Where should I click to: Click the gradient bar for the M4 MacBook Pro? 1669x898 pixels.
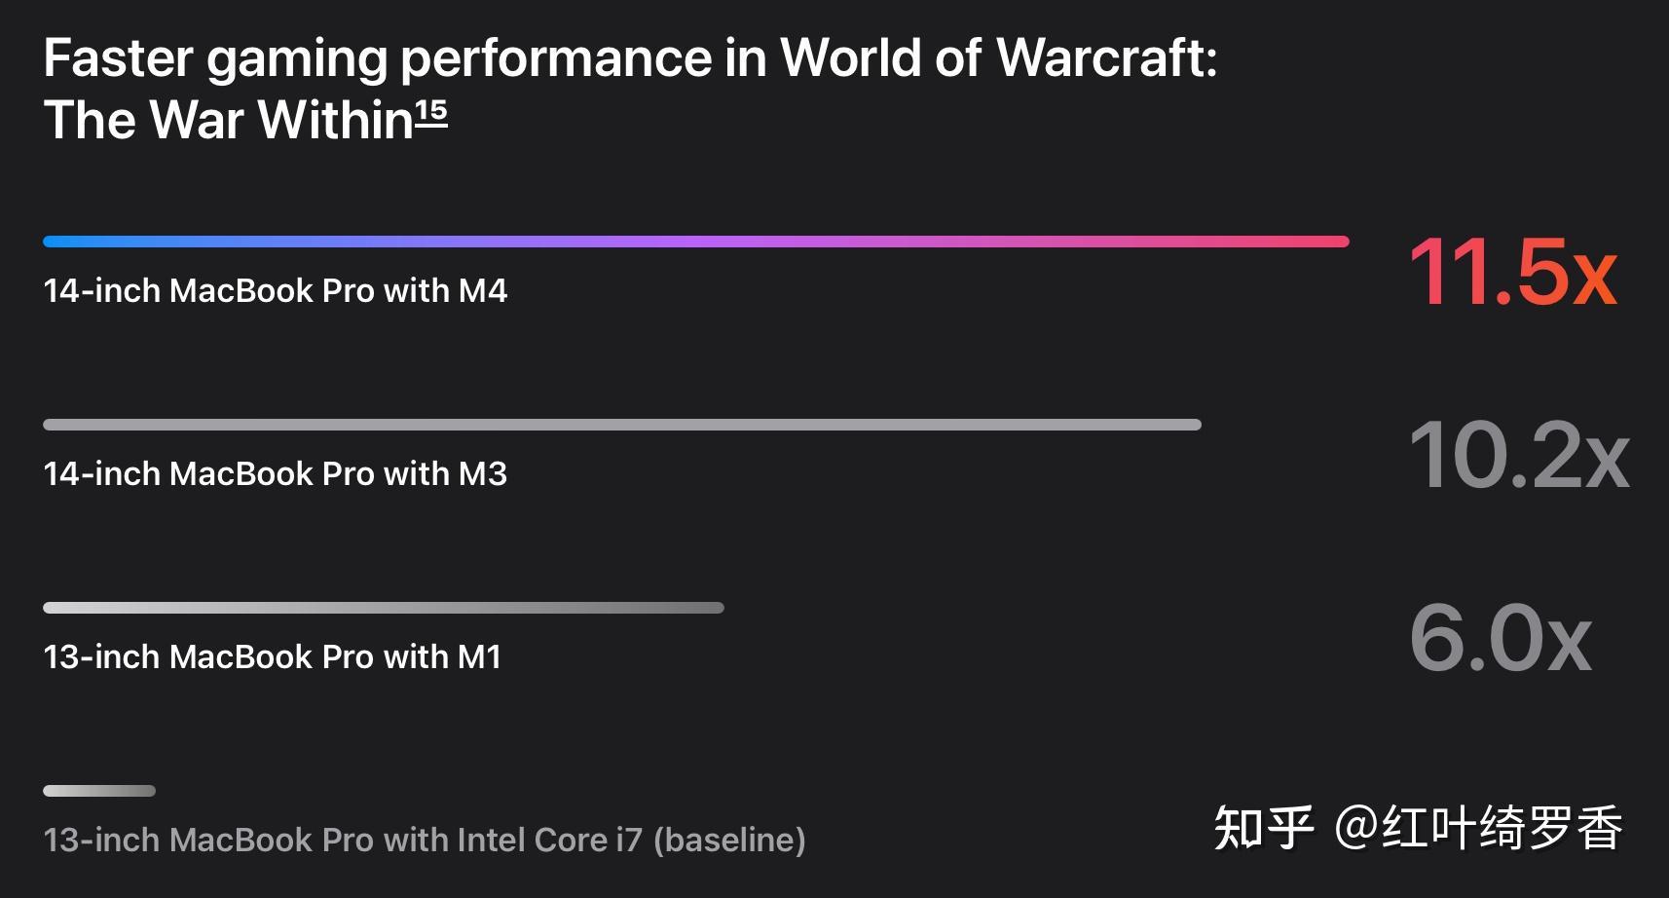[695, 242]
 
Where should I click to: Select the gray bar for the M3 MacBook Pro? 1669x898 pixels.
[621, 425]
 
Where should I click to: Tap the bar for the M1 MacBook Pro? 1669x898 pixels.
[383, 608]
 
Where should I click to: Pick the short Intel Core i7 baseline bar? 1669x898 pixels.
[99, 791]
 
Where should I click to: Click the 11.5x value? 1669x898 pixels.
[1512, 273]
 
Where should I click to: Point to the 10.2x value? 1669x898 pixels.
[1518, 456]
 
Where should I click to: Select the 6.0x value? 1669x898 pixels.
[1501, 639]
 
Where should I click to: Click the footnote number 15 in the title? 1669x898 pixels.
[431, 114]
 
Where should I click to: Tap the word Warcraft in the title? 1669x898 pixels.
[1106, 58]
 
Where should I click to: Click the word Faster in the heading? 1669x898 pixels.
[118, 58]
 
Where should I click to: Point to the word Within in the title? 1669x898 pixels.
[336, 121]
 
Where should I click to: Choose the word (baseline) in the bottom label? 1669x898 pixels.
[729, 840]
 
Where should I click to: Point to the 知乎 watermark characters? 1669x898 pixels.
[1263, 829]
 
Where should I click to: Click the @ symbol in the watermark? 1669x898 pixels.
[1355, 828]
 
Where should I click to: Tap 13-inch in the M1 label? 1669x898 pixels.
[101, 656]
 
